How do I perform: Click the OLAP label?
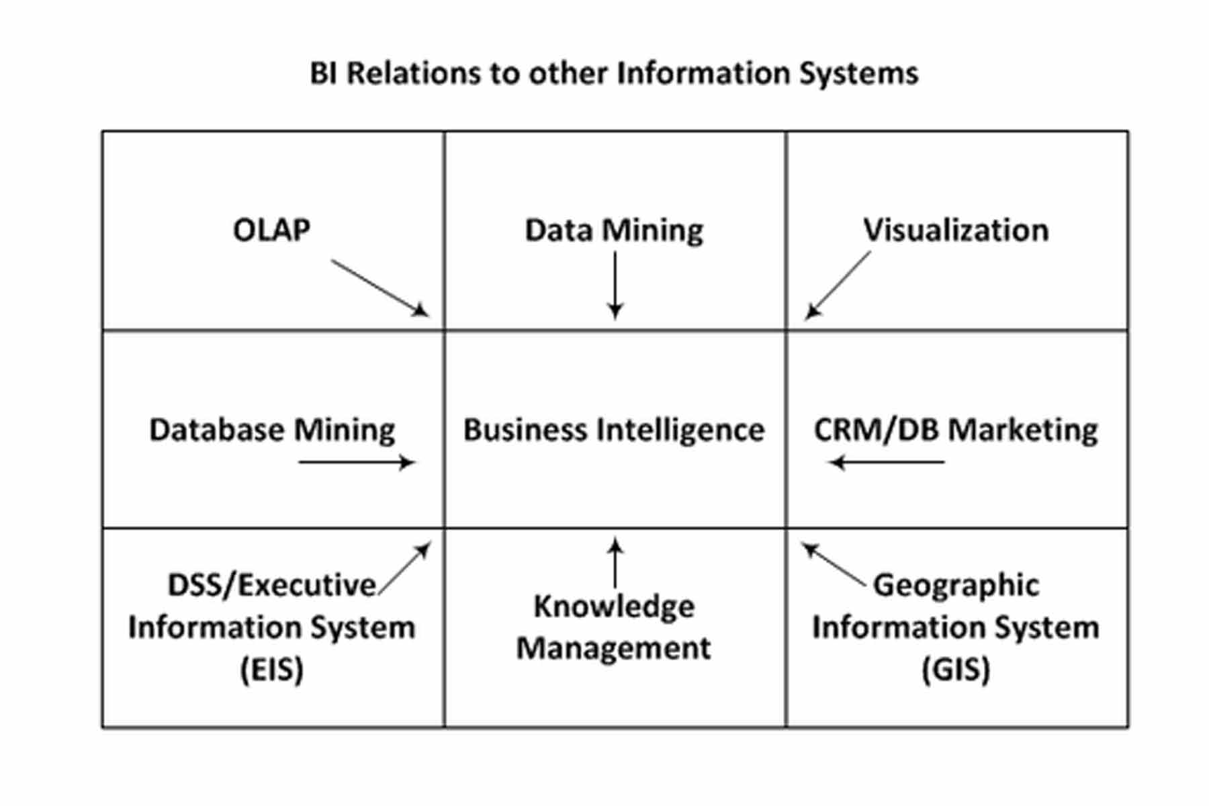coord(271,230)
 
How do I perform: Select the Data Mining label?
coord(614,230)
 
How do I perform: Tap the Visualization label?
coord(956,230)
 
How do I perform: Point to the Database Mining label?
coord(272,430)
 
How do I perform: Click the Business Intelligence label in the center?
coord(614,430)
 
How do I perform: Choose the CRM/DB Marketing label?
coord(956,430)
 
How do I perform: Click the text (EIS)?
coord(272,669)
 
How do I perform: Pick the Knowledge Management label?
coord(614,627)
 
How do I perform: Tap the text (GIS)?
coord(956,669)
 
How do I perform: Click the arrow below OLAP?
coord(379,288)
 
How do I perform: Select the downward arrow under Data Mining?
coord(615,285)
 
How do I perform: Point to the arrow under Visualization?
coord(838,285)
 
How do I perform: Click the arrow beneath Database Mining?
coord(357,462)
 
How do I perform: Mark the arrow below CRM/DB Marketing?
coord(887,462)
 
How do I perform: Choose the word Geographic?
coord(956,586)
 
